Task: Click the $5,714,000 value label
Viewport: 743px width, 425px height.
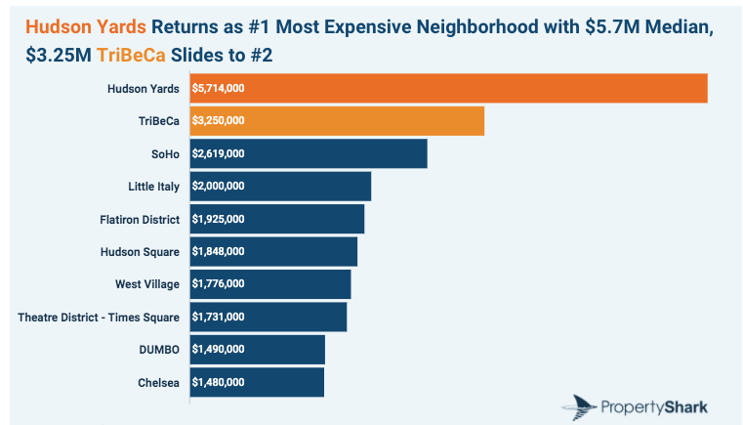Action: point(219,89)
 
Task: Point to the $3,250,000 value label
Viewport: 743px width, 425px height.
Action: point(219,121)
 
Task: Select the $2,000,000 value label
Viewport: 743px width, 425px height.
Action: point(219,187)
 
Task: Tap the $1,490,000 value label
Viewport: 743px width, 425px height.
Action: point(219,350)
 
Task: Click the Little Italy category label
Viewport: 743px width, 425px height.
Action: point(153,187)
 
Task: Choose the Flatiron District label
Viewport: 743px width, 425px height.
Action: point(140,219)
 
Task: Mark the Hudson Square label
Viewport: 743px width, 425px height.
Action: point(140,252)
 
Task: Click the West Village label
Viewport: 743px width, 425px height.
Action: point(147,284)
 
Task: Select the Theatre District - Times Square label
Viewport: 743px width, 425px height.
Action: point(99,318)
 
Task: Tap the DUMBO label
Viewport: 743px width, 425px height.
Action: point(159,350)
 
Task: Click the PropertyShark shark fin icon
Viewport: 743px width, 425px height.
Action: point(580,404)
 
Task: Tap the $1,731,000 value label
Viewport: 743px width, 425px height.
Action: point(219,318)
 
